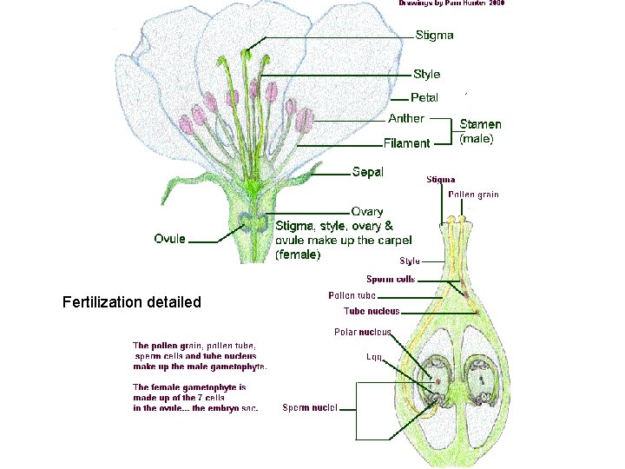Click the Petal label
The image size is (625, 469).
tap(424, 97)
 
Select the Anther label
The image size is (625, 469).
tap(406, 118)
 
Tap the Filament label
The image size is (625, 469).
tap(407, 143)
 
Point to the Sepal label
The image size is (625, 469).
tap(368, 172)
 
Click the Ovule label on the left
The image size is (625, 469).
tap(169, 239)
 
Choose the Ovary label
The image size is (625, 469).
tap(367, 211)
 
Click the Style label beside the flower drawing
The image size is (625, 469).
tap(426, 75)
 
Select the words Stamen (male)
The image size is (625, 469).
tap(480, 131)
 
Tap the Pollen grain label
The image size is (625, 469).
tap(473, 195)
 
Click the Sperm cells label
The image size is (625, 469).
tap(391, 280)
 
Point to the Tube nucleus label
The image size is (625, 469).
tap(371, 311)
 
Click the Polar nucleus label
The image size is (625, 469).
tap(363, 332)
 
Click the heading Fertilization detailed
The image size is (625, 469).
tap(132, 302)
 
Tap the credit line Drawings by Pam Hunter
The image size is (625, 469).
tap(451, 3)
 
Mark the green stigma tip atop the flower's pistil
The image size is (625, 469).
tap(247, 55)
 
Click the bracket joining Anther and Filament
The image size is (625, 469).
tap(452, 130)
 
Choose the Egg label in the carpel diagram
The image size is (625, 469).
tap(375, 357)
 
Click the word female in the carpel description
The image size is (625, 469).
tap(298, 255)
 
